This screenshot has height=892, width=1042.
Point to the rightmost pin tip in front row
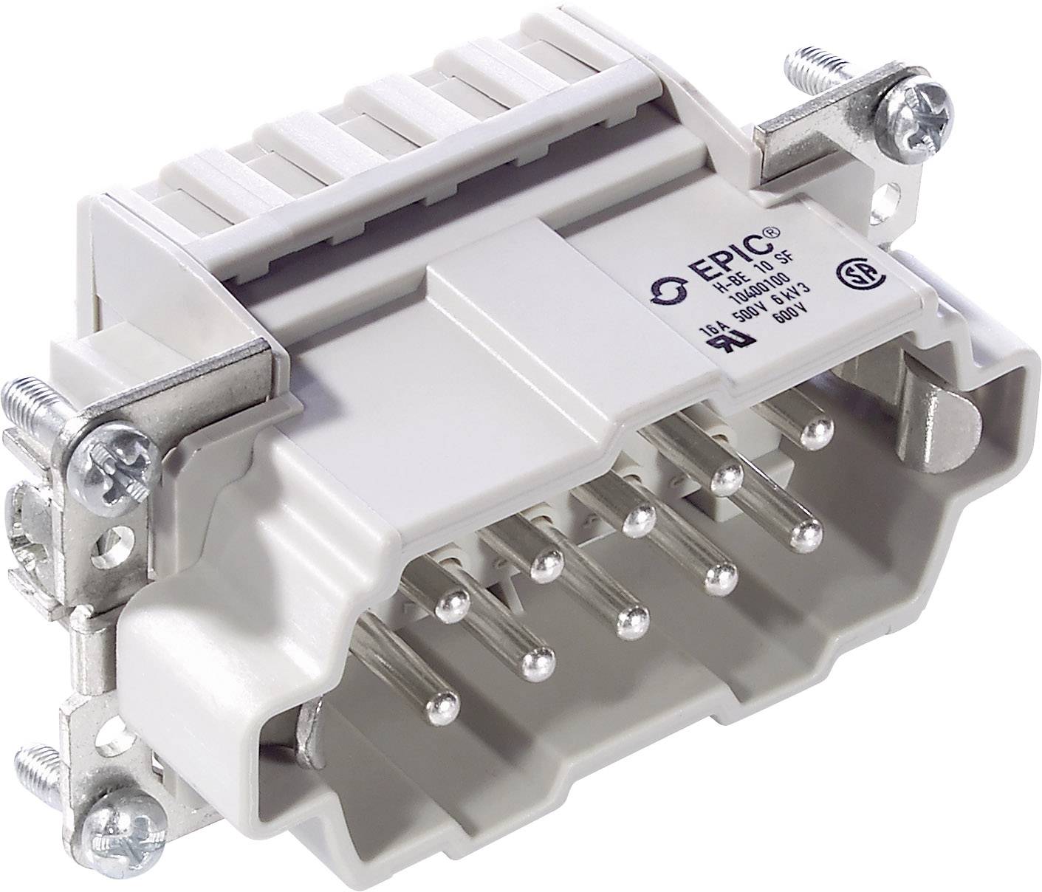(x=803, y=533)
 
